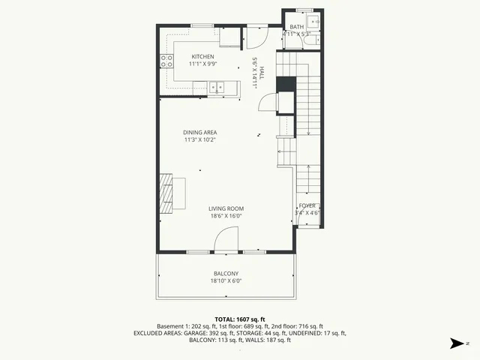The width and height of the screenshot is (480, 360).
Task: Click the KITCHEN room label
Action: (202, 57)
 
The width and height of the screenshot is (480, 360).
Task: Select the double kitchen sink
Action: (217, 87)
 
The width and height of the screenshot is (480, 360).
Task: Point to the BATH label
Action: (297, 27)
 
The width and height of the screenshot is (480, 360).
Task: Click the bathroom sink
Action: (312, 20)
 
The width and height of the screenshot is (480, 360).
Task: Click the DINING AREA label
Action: (200, 133)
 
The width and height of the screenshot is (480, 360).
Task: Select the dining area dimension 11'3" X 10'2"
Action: (200, 140)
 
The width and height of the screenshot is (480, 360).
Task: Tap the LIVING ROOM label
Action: (226, 208)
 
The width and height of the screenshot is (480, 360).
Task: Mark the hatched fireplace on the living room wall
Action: (164, 193)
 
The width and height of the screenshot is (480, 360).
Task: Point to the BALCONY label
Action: (226, 274)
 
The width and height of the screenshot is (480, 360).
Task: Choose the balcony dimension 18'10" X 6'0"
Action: (226, 281)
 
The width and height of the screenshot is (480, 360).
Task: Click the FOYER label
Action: (307, 205)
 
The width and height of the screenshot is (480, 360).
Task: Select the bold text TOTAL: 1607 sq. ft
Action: (240, 319)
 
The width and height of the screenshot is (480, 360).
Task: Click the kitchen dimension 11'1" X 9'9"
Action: (202, 64)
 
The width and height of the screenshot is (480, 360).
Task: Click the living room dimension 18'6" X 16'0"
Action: (226, 216)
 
